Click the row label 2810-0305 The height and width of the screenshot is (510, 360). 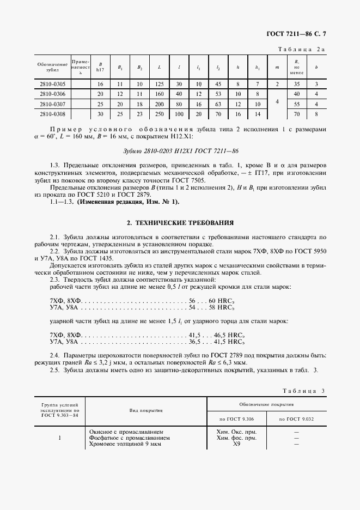pyautogui.click(x=52, y=84)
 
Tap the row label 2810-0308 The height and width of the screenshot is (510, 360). pyautogui.click(x=52, y=114)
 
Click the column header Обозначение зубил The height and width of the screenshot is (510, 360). pyautogui.click(x=52, y=67)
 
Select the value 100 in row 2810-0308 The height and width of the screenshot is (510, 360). pyautogui.click(x=179, y=114)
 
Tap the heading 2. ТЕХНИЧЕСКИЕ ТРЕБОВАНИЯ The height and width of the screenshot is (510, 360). pyautogui.click(x=180, y=223)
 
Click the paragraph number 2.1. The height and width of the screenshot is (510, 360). pyautogui.click(x=54, y=237)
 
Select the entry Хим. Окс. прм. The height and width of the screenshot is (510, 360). pyautogui.click(x=236, y=432)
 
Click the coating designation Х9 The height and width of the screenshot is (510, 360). pyautogui.click(x=236, y=444)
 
